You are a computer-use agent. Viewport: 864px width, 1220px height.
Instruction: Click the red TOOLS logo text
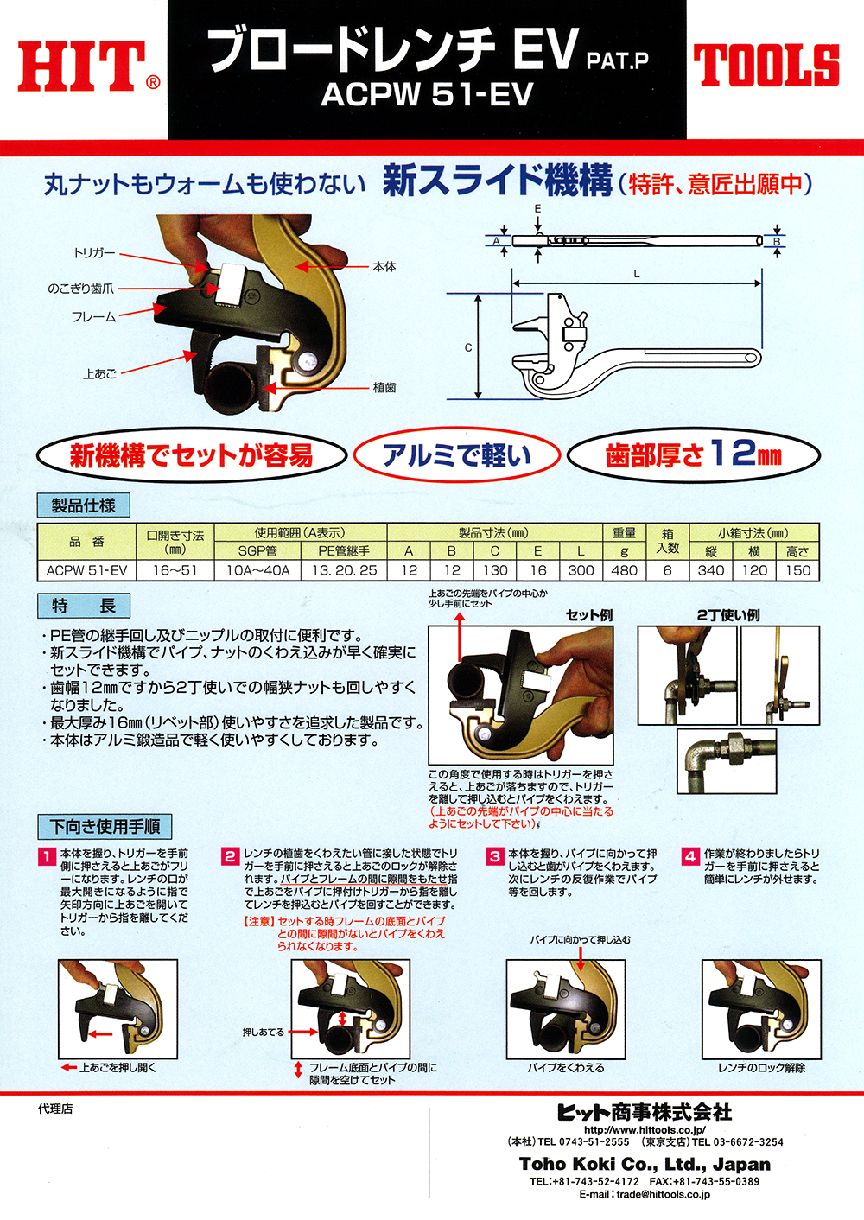(x=766, y=66)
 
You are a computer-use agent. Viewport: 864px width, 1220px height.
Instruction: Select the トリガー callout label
(x=94, y=253)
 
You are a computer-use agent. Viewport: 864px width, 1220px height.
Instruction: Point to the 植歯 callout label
(x=384, y=387)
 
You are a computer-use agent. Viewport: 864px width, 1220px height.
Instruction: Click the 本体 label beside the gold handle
(x=384, y=266)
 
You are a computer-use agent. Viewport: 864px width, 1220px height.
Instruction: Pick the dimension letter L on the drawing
(x=636, y=274)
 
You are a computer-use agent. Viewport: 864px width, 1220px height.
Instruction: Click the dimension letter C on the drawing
(x=468, y=347)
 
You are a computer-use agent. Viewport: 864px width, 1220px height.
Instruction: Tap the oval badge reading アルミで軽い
(x=456, y=455)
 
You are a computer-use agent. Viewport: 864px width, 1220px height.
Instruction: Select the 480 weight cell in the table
(x=625, y=570)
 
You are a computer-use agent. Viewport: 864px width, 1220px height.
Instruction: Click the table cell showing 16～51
(x=175, y=570)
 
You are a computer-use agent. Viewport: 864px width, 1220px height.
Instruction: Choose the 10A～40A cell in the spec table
(x=257, y=570)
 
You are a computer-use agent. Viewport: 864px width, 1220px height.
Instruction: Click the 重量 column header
(x=625, y=532)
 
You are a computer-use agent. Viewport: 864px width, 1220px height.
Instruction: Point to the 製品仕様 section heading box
(x=83, y=505)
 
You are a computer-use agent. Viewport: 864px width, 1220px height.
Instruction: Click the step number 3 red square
(x=495, y=857)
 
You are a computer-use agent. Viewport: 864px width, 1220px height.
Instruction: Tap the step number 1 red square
(x=47, y=857)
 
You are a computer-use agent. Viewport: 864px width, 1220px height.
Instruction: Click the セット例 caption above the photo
(x=589, y=615)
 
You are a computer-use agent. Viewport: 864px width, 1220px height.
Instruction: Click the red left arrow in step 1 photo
(x=101, y=1033)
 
